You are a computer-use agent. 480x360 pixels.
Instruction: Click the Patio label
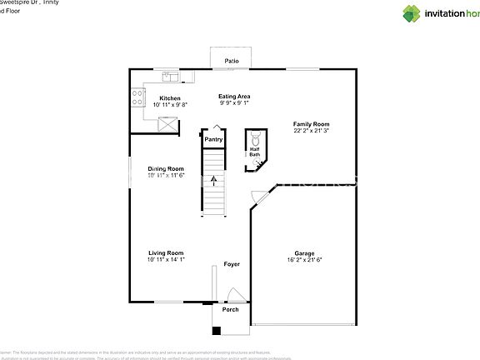tap(231, 61)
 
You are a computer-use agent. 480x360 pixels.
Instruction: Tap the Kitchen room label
tap(170, 97)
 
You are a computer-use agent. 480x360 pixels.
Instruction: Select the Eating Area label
tap(234, 97)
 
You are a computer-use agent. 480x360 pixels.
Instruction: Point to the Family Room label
tap(312, 124)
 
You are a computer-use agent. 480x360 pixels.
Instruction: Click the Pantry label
tap(213, 139)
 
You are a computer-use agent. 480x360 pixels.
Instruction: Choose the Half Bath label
tap(254, 152)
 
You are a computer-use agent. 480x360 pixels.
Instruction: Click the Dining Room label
tap(166, 169)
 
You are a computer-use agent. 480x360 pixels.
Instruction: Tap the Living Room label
tap(166, 252)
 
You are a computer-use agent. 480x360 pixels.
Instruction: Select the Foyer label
tap(232, 264)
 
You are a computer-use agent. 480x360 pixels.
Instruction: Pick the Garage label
tap(304, 253)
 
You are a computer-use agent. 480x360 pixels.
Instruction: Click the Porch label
tap(230, 309)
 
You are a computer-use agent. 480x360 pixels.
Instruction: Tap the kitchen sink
tap(171, 77)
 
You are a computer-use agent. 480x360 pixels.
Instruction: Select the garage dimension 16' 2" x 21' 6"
tap(304, 260)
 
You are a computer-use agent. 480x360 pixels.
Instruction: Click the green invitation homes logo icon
tap(413, 13)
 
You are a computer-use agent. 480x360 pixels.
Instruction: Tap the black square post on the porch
tap(217, 330)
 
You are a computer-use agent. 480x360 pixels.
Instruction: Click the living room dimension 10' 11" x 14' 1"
tap(166, 259)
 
